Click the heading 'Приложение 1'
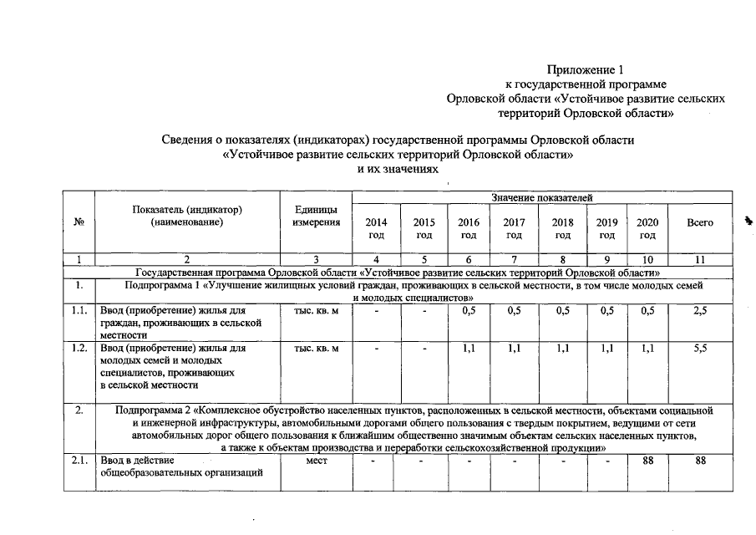point(585,69)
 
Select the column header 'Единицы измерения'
point(317,216)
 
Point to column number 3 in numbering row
point(317,259)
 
